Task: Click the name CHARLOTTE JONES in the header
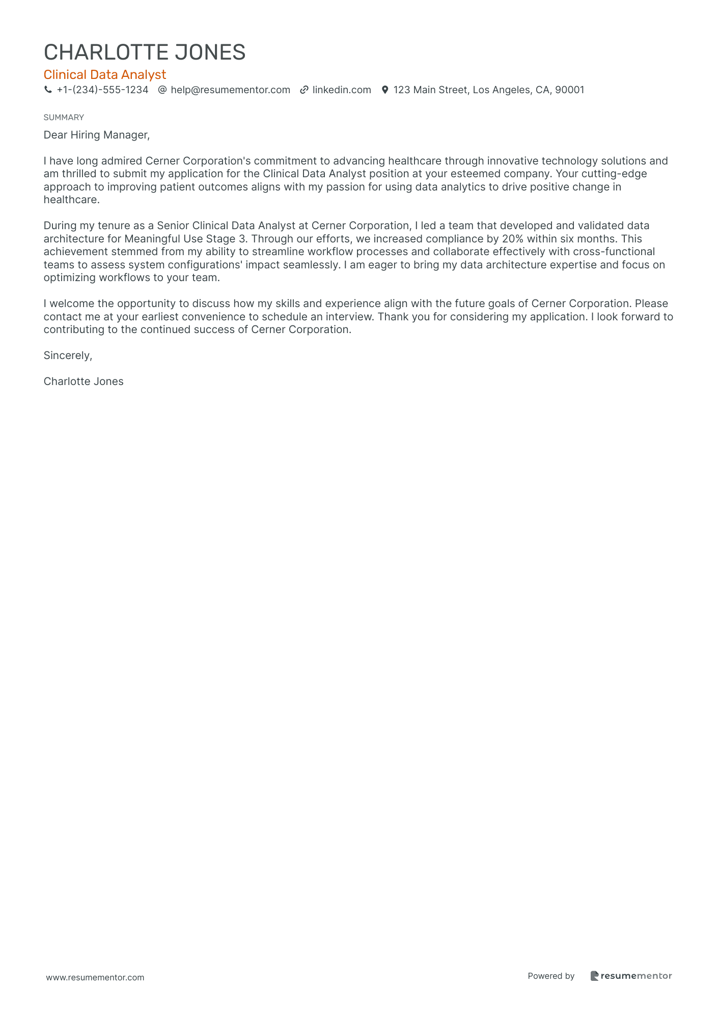tap(145, 52)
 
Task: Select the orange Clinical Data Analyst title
tap(105, 75)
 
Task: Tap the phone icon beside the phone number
tap(48, 90)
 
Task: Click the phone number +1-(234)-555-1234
tap(102, 90)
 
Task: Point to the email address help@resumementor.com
tap(230, 90)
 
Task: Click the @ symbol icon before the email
tap(162, 90)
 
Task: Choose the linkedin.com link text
tap(342, 90)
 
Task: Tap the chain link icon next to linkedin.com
tap(304, 90)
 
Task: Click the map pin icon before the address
tap(385, 90)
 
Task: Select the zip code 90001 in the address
tap(569, 90)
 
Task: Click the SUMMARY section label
tap(64, 118)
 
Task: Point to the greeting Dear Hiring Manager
tap(97, 135)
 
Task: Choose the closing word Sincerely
tap(68, 355)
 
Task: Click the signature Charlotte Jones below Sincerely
tap(84, 381)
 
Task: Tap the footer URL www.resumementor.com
tap(95, 977)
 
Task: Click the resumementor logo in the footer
tap(631, 976)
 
